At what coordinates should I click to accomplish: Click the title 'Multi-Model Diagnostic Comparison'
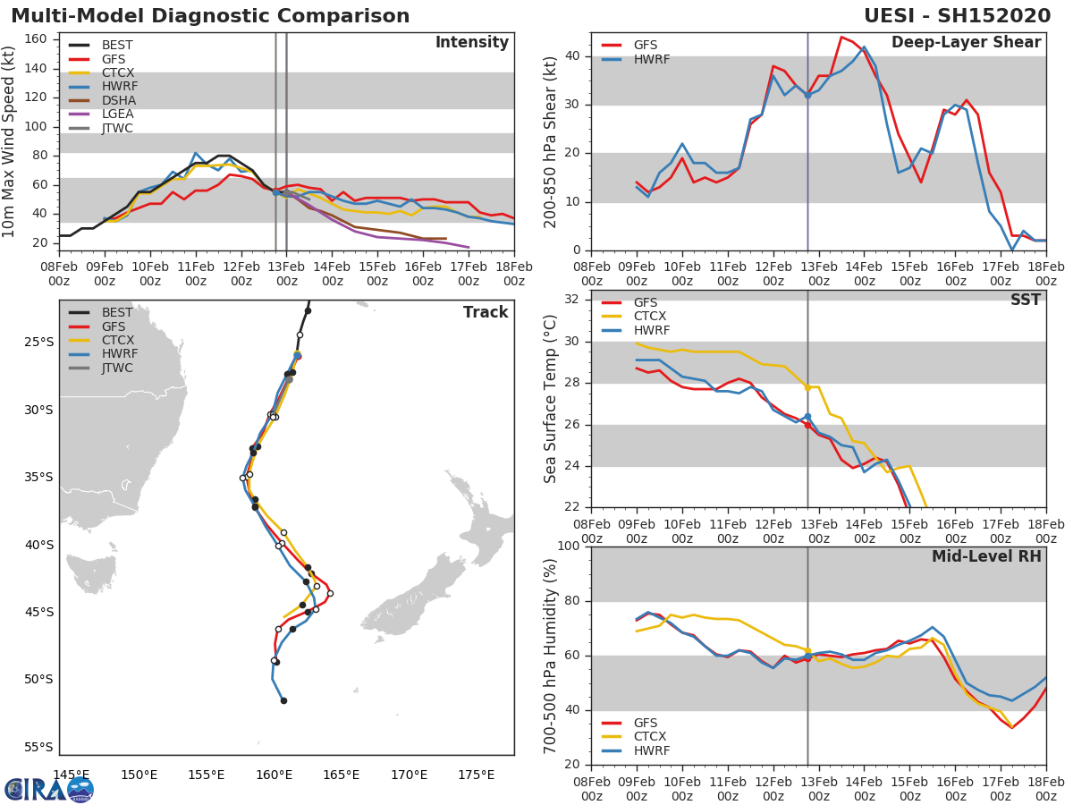[x=210, y=16]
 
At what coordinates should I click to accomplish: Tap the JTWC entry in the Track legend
[x=117, y=368]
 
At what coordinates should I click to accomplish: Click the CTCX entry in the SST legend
[x=649, y=317]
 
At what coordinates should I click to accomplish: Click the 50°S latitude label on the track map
[x=38, y=680]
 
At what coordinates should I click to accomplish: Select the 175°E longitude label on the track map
[x=476, y=775]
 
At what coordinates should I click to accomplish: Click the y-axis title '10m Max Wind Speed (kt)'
[x=10, y=142]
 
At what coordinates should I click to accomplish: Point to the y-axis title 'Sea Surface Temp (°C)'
[x=550, y=400]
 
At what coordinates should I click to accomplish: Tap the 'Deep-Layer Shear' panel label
[x=966, y=43]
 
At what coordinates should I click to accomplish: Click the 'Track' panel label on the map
[x=485, y=312]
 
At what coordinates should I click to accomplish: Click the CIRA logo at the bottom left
[x=49, y=789]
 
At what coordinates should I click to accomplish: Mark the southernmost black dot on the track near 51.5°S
[x=283, y=700]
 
